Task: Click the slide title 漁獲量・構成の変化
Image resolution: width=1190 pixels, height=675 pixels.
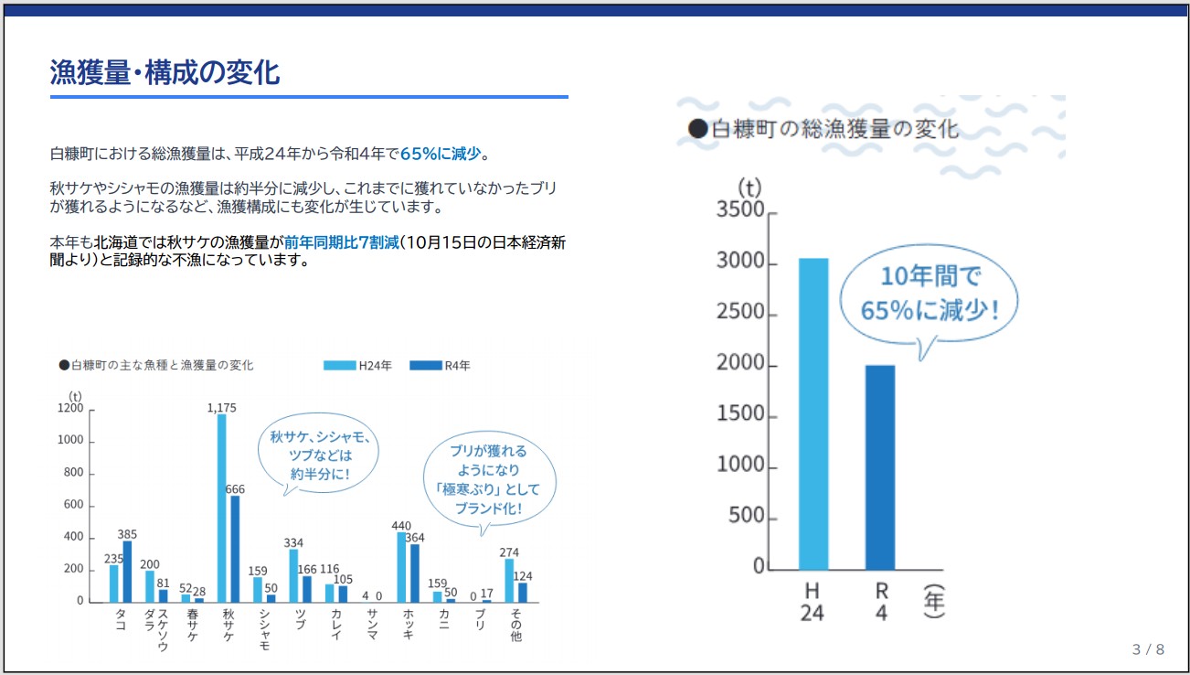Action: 165,72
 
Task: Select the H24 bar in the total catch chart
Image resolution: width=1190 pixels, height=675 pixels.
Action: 813,413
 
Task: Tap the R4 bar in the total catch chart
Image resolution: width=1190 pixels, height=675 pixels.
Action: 880,466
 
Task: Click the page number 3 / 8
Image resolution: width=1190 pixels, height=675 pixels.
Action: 1148,649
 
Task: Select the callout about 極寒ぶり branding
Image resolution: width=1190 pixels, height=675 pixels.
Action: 489,479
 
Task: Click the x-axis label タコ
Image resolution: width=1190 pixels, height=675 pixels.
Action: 121,619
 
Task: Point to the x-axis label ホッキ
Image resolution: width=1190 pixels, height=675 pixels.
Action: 408,623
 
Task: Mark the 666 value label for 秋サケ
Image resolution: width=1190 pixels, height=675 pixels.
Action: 235,489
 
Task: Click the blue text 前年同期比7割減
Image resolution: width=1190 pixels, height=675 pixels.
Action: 341,242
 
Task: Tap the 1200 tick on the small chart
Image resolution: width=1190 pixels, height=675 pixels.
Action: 71,409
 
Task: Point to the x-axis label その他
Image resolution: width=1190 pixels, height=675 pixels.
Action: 516,623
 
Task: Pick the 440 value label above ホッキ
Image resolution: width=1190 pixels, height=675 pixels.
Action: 401,526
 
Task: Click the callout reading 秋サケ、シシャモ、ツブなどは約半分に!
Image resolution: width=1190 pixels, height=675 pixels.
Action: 321,455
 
